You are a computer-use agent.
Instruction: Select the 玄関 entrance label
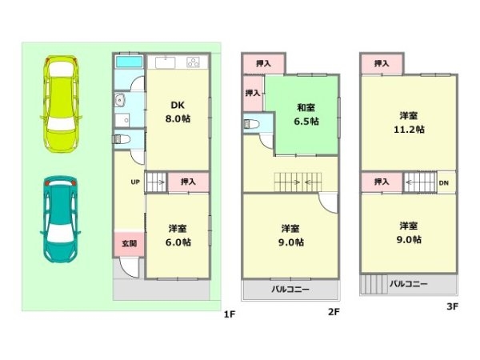click(x=128, y=243)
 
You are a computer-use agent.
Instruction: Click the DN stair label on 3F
click(x=443, y=182)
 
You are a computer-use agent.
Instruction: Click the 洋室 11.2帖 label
click(x=408, y=122)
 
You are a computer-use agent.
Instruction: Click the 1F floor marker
click(x=229, y=314)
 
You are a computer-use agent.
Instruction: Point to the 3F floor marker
click(x=452, y=306)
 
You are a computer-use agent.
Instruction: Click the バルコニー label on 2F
click(x=290, y=288)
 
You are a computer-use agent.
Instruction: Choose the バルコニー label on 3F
click(x=408, y=284)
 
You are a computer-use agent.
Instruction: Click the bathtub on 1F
click(x=128, y=62)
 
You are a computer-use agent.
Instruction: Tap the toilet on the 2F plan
click(x=251, y=126)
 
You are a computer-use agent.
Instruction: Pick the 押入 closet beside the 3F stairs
click(x=381, y=182)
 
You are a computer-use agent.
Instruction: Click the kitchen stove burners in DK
click(x=195, y=62)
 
